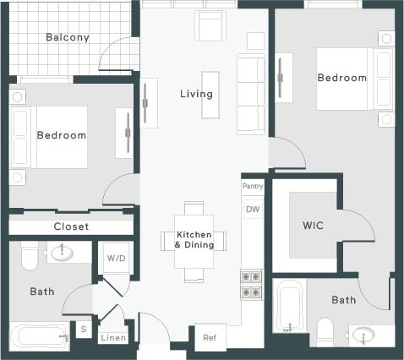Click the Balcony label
coord(68,37)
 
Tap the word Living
coord(196,94)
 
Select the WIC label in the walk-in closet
coord(313,226)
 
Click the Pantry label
coord(253,186)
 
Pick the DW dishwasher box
coord(253,209)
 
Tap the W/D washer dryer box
coord(115,259)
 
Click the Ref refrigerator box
coord(210,336)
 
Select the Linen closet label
coord(112,338)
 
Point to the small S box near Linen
coord(84,330)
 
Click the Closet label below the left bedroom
coord(71,226)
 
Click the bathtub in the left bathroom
coord(39,335)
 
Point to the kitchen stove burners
coord(252,284)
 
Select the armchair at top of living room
coord(210,25)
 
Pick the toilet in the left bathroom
coord(30,254)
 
